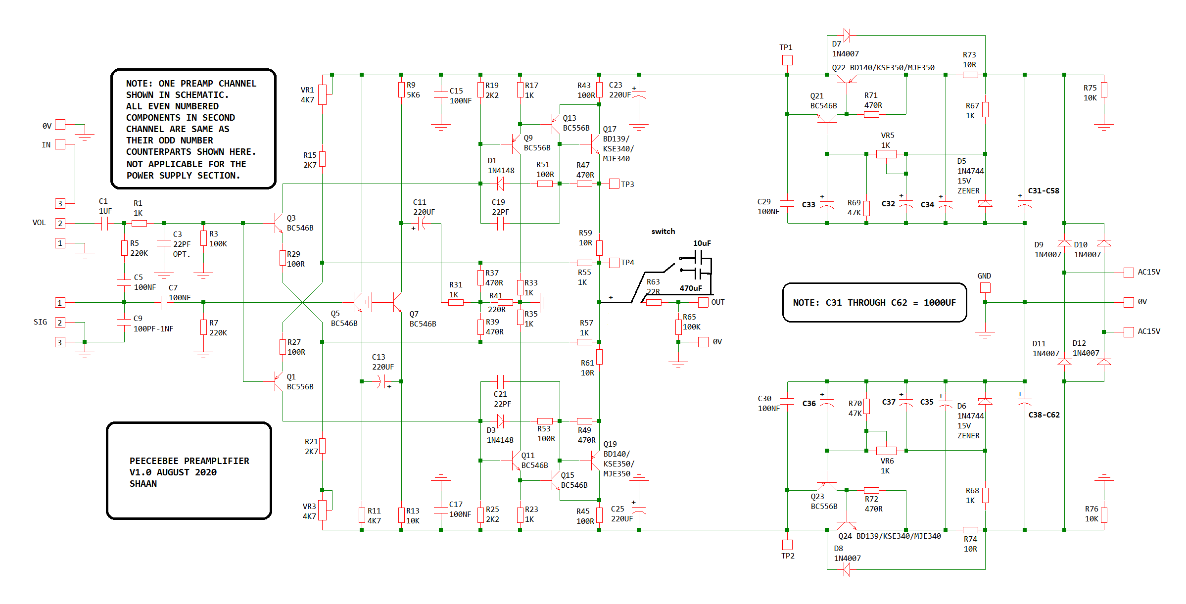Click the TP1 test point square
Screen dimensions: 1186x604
click(x=787, y=60)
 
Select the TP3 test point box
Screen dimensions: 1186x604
click(x=614, y=184)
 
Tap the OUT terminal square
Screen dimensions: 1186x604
click(x=703, y=302)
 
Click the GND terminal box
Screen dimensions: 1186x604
click(x=985, y=287)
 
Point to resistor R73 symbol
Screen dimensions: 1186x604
click(x=970, y=75)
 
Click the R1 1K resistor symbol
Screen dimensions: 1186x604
click(x=139, y=224)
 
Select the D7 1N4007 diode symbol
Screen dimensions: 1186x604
click(x=847, y=35)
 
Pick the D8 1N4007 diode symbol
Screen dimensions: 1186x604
click(x=847, y=570)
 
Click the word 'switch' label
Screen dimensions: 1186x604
click(x=663, y=232)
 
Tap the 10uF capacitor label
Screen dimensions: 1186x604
click(x=702, y=243)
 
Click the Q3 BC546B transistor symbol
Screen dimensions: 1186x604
click(x=278, y=224)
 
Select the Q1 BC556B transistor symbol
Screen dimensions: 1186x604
click(x=278, y=382)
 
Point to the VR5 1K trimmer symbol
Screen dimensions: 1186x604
click(x=886, y=154)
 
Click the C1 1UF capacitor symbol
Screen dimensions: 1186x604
click(x=104, y=224)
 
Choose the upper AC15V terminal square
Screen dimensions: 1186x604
click(x=1129, y=273)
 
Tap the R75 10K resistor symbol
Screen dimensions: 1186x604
click(x=1104, y=90)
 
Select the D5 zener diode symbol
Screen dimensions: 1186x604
click(x=985, y=203)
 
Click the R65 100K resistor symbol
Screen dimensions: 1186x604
click(x=678, y=327)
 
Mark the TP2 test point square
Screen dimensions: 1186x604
click(x=787, y=545)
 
